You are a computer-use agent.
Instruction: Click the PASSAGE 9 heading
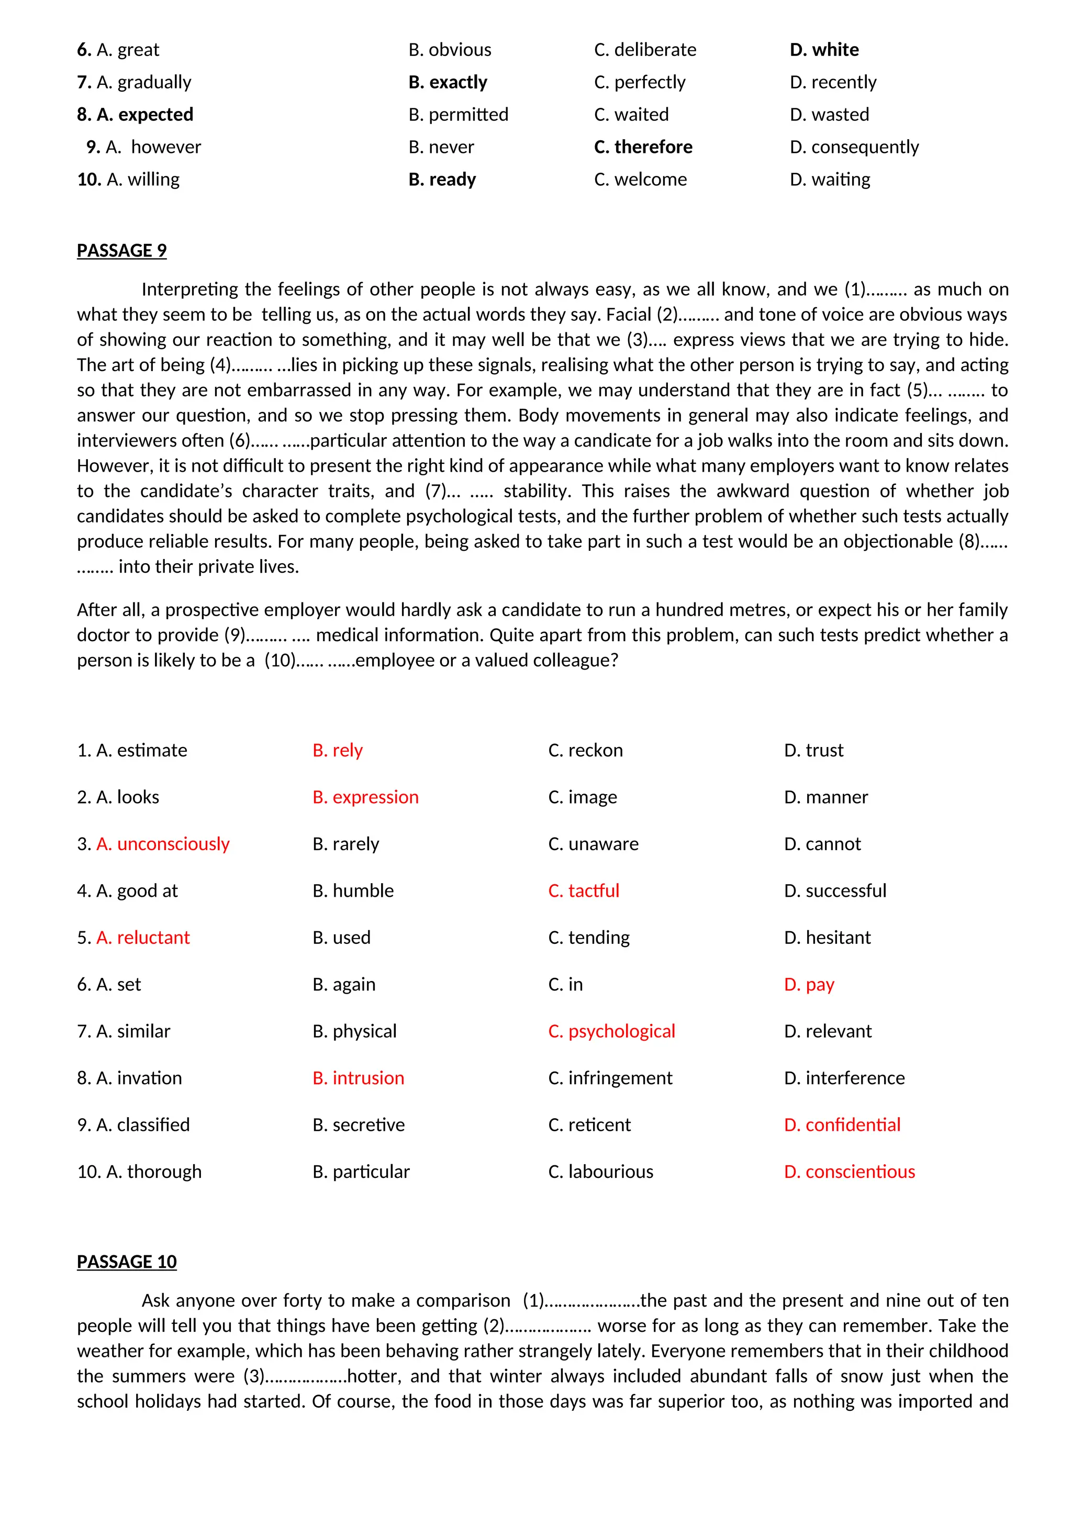click(121, 251)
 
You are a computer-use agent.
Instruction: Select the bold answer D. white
click(824, 50)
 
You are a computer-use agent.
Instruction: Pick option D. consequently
click(854, 147)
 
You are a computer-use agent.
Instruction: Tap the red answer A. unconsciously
click(162, 844)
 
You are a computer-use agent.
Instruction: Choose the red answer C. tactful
click(584, 891)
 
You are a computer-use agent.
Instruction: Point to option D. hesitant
click(827, 938)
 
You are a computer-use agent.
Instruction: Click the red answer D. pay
click(809, 985)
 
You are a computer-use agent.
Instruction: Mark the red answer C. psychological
click(611, 1031)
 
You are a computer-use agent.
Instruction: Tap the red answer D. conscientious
click(849, 1172)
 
